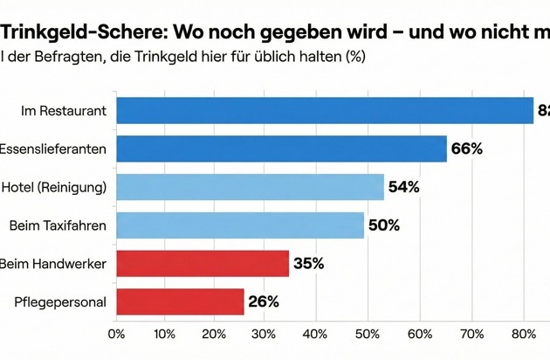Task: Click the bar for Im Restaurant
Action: (x=324, y=110)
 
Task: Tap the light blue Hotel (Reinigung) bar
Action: (x=250, y=187)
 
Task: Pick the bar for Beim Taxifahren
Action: (x=240, y=225)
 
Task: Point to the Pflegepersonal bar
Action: (x=180, y=301)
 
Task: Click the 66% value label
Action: (x=467, y=149)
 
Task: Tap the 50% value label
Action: (x=384, y=225)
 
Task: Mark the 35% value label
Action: (x=307, y=263)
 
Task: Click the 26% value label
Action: (x=263, y=301)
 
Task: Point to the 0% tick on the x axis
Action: (x=116, y=333)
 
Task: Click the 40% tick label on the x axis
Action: (x=317, y=333)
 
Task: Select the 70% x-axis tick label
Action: (x=472, y=333)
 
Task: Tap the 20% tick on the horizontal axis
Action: (x=217, y=333)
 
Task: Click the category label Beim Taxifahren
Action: (x=58, y=225)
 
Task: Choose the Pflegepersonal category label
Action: (x=60, y=301)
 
